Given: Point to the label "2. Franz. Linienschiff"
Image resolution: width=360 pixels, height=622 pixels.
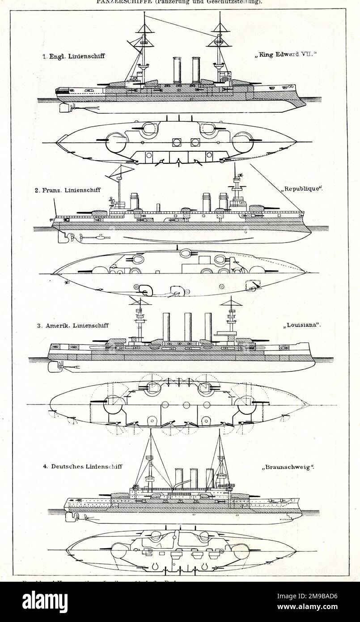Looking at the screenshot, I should click(x=68, y=190).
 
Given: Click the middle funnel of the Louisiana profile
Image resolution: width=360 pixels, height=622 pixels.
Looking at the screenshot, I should click(x=188, y=327).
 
